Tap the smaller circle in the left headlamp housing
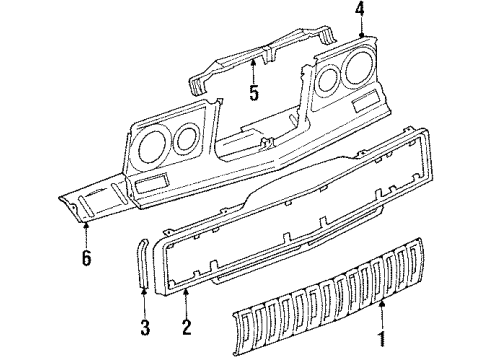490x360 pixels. [x=185, y=139]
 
